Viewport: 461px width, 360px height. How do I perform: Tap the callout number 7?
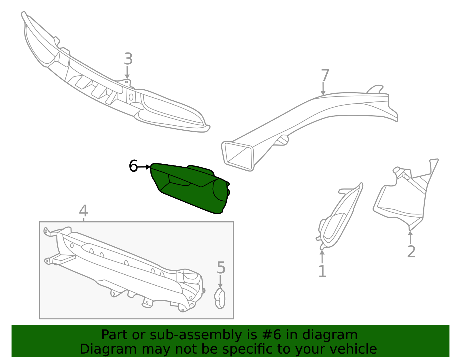click(x=325, y=76)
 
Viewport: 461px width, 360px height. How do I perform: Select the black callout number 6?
click(x=133, y=166)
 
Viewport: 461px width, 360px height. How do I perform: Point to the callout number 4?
click(x=83, y=211)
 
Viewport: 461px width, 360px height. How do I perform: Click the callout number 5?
click(x=221, y=268)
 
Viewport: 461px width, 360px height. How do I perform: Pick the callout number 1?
click(x=322, y=272)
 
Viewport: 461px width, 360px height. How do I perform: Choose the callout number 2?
click(x=411, y=252)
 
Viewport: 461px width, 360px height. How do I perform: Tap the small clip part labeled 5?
click(x=220, y=299)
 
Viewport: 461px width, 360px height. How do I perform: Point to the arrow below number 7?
click(x=323, y=88)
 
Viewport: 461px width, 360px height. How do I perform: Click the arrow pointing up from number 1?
click(x=322, y=256)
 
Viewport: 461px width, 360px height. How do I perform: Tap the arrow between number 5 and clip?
click(x=220, y=281)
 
